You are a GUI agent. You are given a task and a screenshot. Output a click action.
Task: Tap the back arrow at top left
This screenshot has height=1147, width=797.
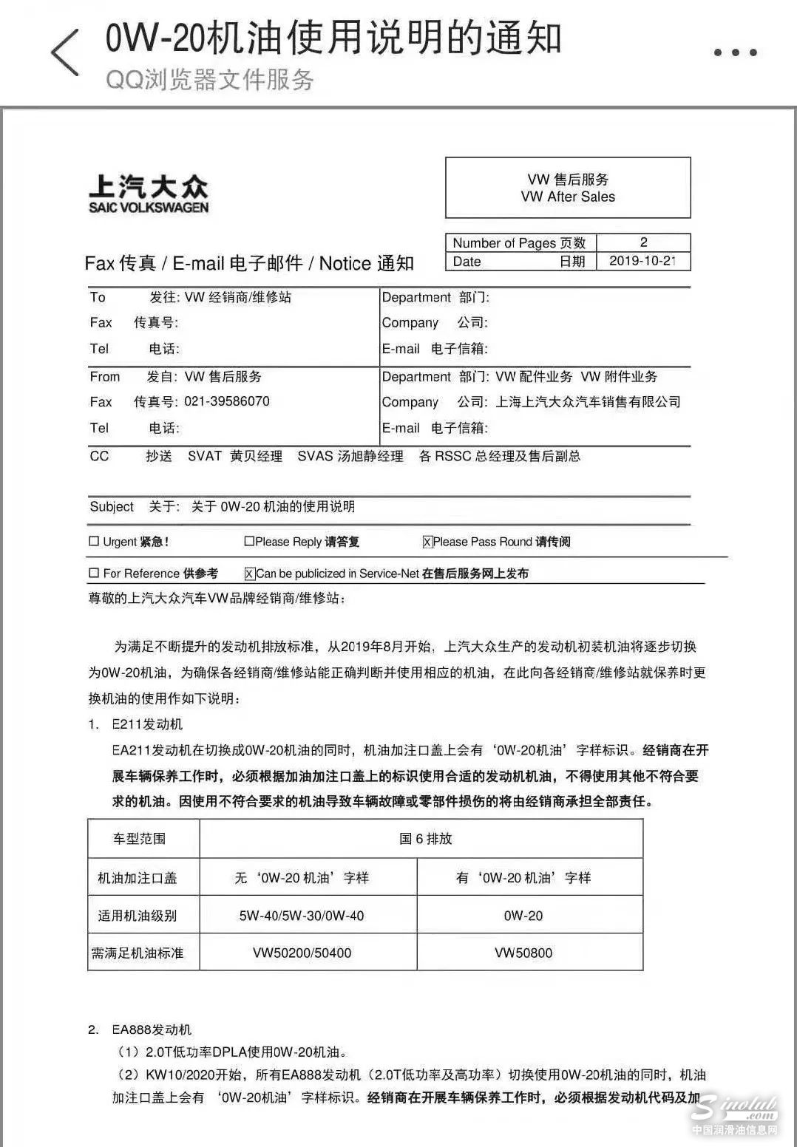pyautogui.click(x=65, y=52)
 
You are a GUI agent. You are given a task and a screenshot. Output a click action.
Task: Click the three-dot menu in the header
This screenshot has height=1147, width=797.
pyautogui.click(x=735, y=52)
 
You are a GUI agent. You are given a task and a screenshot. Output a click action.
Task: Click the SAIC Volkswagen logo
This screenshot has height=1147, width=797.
pyautogui.click(x=149, y=194)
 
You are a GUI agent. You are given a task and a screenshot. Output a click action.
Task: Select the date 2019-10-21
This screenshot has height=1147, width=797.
pyautogui.click(x=642, y=261)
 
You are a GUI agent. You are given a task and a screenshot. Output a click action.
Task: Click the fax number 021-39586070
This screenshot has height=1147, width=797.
pyautogui.click(x=227, y=401)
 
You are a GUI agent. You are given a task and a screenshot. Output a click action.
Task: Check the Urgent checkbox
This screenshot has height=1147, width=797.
pyautogui.click(x=94, y=541)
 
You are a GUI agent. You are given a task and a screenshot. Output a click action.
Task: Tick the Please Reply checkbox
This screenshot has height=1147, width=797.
pyautogui.click(x=249, y=541)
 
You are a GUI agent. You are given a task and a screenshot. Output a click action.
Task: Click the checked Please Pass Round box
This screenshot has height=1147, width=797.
pyautogui.click(x=427, y=542)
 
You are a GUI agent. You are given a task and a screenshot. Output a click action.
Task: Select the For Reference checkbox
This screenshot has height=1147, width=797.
pyautogui.click(x=94, y=573)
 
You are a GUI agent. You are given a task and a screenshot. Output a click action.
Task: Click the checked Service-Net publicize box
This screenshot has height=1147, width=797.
pyautogui.click(x=250, y=573)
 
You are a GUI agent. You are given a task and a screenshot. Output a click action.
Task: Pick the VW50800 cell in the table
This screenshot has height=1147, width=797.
pyautogui.click(x=523, y=953)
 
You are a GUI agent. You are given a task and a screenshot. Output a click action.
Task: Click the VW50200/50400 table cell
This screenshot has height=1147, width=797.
pyautogui.click(x=302, y=953)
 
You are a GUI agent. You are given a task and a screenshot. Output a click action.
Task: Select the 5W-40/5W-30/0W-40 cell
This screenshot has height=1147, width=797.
pyautogui.click(x=302, y=916)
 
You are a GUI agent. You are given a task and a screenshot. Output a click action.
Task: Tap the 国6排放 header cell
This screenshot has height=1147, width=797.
pyautogui.click(x=425, y=839)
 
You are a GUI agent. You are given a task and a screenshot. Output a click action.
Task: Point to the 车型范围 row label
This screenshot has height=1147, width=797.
pyautogui.click(x=139, y=839)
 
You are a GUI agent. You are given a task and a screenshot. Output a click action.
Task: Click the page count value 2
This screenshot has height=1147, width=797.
pyautogui.click(x=643, y=242)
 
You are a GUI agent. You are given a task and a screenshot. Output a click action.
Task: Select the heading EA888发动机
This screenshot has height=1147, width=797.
pyautogui.click(x=152, y=1029)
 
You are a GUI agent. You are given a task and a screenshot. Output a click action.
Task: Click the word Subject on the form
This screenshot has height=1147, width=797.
pyautogui.click(x=112, y=506)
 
